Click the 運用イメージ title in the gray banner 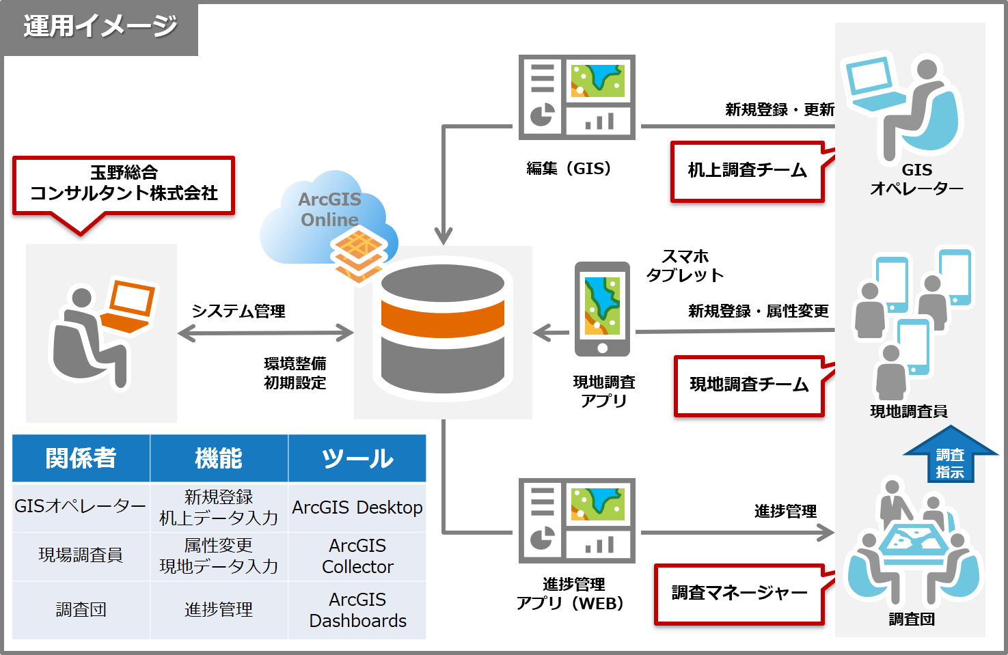click(100, 27)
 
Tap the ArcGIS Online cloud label click(329, 209)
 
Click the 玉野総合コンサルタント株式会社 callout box click(124, 184)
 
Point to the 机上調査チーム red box click(747, 171)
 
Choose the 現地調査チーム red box click(749, 385)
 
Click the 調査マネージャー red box click(739, 594)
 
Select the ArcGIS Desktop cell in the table click(357, 507)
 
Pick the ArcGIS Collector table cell click(357, 556)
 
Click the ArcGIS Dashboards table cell click(357, 610)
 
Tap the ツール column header click(357, 458)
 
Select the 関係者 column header click(81, 458)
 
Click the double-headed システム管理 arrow click(265, 333)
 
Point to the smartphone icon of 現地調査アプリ click(602, 309)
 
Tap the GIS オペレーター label click(916, 179)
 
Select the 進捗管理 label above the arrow click(785, 511)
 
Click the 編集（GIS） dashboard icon click(577, 97)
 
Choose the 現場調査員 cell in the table click(81, 555)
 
